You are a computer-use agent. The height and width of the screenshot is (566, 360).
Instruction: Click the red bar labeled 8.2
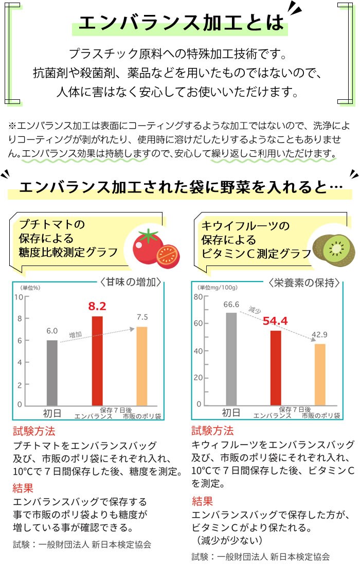97,360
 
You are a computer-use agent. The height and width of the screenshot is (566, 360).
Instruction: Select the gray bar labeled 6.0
52,373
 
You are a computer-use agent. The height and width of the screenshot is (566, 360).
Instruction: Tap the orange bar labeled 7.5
141,366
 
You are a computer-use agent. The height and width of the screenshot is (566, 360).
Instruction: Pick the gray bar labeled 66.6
231,359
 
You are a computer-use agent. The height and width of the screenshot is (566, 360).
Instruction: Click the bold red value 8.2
97,306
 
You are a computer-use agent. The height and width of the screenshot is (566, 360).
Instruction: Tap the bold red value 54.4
275,321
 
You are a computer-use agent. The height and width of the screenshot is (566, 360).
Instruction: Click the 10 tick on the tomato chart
19,297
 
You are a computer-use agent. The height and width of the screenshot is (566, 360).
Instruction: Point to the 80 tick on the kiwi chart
197,297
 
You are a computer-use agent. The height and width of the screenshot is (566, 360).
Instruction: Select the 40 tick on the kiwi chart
197,351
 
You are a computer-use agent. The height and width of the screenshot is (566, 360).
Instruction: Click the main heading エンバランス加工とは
181,22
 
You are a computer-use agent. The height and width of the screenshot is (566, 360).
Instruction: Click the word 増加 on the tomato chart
76,334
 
